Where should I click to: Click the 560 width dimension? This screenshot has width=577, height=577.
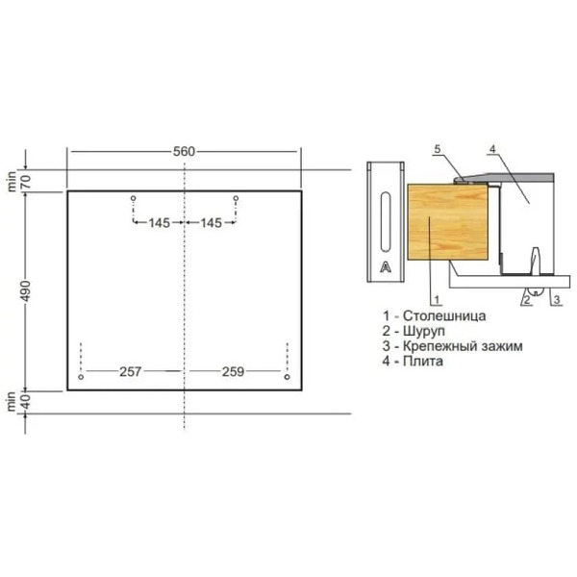(x=184, y=151)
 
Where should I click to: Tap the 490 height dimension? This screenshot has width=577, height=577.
(x=27, y=289)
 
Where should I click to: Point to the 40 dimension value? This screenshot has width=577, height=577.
(x=27, y=402)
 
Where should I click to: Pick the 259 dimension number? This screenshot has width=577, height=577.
(x=233, y=370)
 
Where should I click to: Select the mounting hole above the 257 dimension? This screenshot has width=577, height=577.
(x=82, y=378)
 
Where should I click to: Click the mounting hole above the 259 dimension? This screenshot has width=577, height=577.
(x=287, y=378)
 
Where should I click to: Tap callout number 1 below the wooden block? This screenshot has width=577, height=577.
(x=435, y=299)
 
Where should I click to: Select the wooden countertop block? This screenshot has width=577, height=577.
(x=448, y=220)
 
